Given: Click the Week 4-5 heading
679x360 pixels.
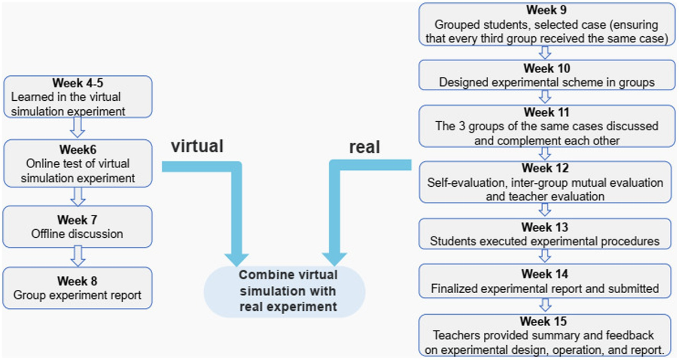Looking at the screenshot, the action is coord(78,83).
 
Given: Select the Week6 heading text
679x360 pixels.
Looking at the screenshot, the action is coord(78,149).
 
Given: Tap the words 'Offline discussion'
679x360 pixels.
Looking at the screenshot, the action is coord(77,234).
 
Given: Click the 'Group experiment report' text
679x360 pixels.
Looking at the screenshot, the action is coord(78,295).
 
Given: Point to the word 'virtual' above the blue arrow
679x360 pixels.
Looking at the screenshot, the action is coord(197,146).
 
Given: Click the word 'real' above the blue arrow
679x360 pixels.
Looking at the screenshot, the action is coord(364,147).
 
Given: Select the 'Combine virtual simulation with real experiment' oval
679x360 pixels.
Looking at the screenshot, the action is coord(285,292).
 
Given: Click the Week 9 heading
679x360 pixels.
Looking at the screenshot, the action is coord(546,10).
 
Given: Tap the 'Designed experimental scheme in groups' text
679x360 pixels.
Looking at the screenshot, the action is coord(547,83).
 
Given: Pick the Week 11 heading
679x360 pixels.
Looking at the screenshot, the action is coord(547,112).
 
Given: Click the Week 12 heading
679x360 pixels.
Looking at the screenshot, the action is coord(545,168).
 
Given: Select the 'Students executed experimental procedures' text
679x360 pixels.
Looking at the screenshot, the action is coord(545,242).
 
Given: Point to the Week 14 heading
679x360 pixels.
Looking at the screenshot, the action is coord(545,274).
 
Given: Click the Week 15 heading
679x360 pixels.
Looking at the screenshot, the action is coord(543,321).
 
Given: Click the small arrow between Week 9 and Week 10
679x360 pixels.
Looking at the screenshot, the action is coord(545,53).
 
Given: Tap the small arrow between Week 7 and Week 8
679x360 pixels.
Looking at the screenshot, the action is coord(78,256).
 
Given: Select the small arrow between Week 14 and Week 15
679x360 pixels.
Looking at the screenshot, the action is coord(545,305).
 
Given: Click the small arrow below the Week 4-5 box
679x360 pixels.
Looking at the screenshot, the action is coord(78,127).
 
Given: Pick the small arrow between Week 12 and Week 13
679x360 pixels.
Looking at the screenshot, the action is coord(545,209).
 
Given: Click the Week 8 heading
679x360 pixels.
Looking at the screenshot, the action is coord(78,281).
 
